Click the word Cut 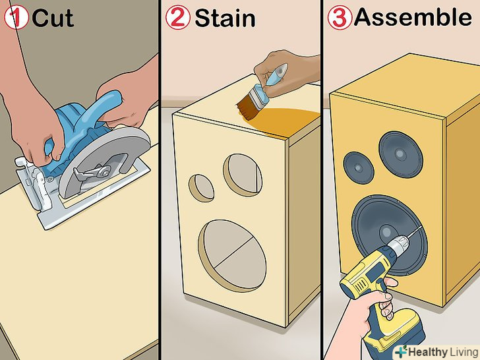pyautogui.click(x=53, y=18)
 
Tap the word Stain pyautogui.click(x=225, y=18)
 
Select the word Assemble pyautogui.click(x=413, y=17)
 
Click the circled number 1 pyautogui.click(x=16, y=18)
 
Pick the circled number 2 pyautogui.click(x=178, y=18)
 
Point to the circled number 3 pyautogui.click(x=340, y=18)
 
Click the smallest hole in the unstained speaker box pyautogui.click(x=201, y=188)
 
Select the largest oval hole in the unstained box pyautogui.click(x=232, y=256)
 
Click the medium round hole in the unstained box pyautogui.click(x=243, y=174)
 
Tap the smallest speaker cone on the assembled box pyautogui.click(x=359, y=167)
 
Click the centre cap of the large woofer pyautogui.click(x=387, y=233)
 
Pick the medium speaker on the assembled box pyautogui.click(x=401, y=154)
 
